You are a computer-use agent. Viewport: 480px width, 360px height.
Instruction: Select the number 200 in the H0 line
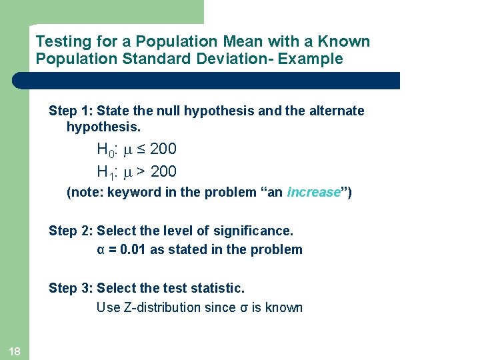pos(163,149)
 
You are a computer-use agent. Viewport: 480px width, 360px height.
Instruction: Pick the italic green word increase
pos(313,193)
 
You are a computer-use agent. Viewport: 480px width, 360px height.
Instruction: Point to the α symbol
pos(101,251)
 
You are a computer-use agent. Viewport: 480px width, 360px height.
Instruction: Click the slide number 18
pos(15,351)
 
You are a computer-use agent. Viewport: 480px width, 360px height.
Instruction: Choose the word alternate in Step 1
pos(334,111)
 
